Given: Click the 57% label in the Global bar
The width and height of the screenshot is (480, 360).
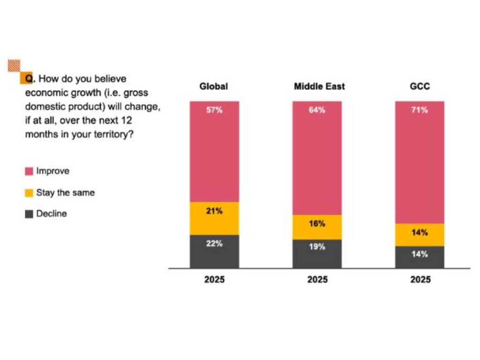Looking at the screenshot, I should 214,111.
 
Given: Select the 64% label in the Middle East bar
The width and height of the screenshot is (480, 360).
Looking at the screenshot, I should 317,111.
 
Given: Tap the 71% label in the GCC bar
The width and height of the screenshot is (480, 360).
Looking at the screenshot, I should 420,111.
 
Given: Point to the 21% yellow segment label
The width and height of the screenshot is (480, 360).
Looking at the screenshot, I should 214,211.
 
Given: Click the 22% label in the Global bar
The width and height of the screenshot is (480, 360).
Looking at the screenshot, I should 214,244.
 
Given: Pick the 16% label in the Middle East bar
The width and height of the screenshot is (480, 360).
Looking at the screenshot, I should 317,224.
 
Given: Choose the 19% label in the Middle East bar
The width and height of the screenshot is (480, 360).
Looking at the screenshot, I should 317,247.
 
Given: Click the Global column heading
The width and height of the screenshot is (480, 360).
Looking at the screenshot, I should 214,87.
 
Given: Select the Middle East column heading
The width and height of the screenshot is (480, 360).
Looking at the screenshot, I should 319,87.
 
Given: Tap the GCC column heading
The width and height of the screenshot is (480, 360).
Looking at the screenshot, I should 420,87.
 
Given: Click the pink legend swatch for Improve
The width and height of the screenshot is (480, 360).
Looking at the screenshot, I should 29,172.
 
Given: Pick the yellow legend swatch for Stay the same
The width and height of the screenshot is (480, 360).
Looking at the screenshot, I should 29,193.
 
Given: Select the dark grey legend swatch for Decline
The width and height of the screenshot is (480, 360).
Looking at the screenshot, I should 29,214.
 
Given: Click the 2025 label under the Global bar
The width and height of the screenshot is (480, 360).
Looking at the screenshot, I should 214,280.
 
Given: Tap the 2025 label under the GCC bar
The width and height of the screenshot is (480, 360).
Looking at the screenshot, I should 420,280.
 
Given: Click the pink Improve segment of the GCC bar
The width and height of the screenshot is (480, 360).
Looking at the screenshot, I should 420,164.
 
